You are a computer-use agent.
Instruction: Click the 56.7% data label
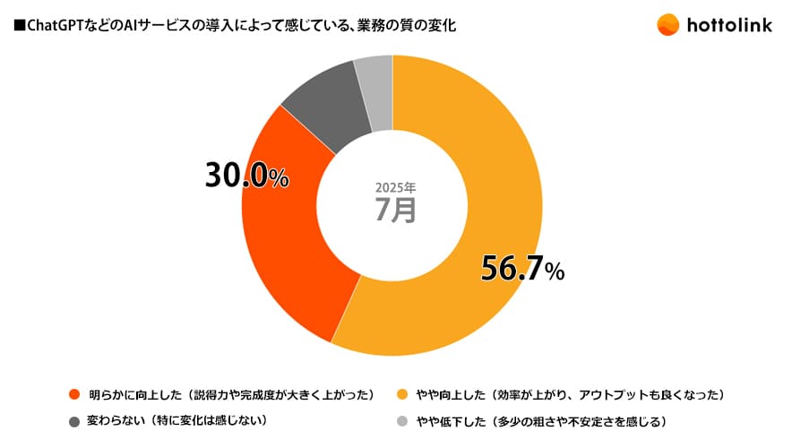(522, 268)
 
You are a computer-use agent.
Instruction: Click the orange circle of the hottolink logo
(667, 25)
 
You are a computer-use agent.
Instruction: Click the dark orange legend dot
(73, 394)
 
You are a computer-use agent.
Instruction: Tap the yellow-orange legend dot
(402, 394)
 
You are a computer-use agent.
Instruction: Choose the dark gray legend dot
(73, 420)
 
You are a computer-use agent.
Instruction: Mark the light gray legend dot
(402, 420)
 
